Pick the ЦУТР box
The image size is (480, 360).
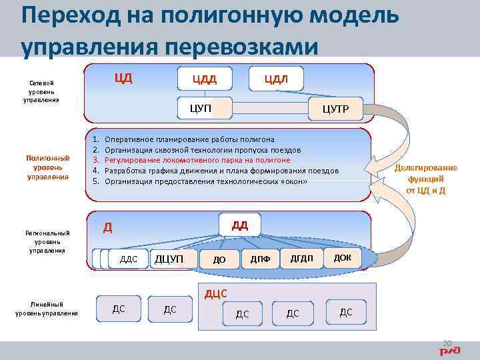tap(335, 109)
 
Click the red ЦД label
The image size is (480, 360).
tap(123, 77)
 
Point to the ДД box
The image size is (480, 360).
tap(240, 225)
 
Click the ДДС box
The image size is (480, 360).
tap(128, 259)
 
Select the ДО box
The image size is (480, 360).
tap(219, 260)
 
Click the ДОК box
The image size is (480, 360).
tap(342, 257)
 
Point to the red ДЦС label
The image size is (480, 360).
tap(216, 293)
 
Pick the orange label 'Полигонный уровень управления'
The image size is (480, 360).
tap(47, 167)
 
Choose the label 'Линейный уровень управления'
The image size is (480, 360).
tap(47, 309)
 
